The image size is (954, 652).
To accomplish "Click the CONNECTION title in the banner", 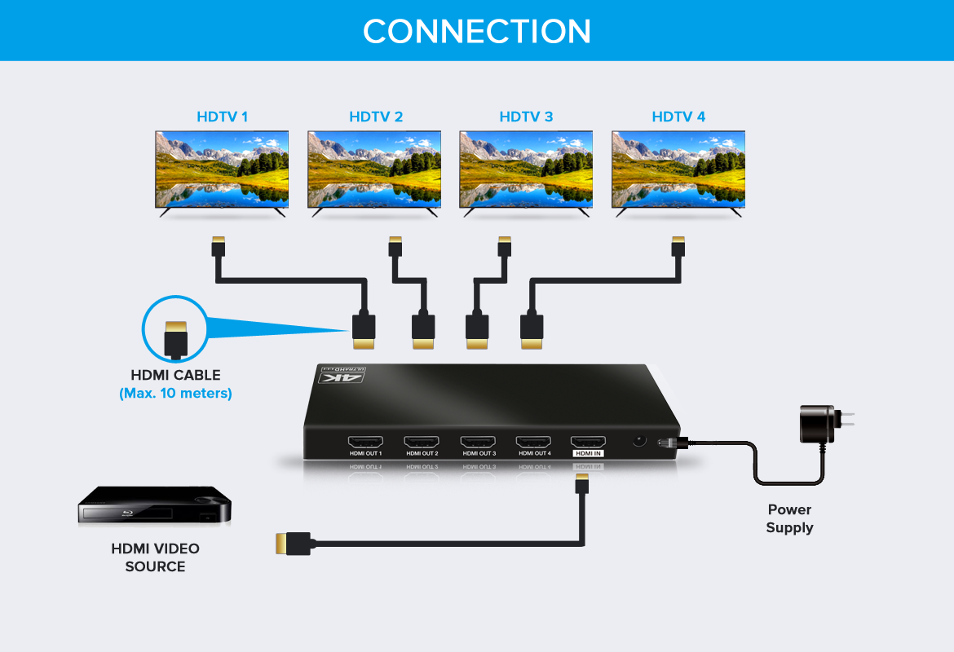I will pyautogui.click(x=477, y=31).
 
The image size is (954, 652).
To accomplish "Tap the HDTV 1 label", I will pyautogui.click(x=222, y=117).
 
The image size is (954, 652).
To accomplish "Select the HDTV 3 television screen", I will pyautogui.click(x=526, y=169).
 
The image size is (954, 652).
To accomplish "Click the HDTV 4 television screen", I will pyautogui.click(x=678, y=169).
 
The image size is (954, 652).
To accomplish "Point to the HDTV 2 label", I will pyautogui.click(x=376, y=117).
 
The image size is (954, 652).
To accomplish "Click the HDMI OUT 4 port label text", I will pyautogui.click(x=534, y=453).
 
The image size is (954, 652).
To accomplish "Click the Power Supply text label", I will pyautogui.click(x=789, y=518).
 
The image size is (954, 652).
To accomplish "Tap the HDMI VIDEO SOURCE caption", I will pyautogui.click(x=155, y=557).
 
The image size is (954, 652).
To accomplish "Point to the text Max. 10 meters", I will pyautogui.click(x=175, y=393).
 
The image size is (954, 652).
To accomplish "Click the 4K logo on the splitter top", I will pyautogui.click(x=343, y=376).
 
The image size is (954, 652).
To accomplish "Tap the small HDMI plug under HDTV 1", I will pyautogui.click(x=217, y=245).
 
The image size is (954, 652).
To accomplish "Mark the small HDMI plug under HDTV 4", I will pyautogui.click(x=678, y=245).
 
